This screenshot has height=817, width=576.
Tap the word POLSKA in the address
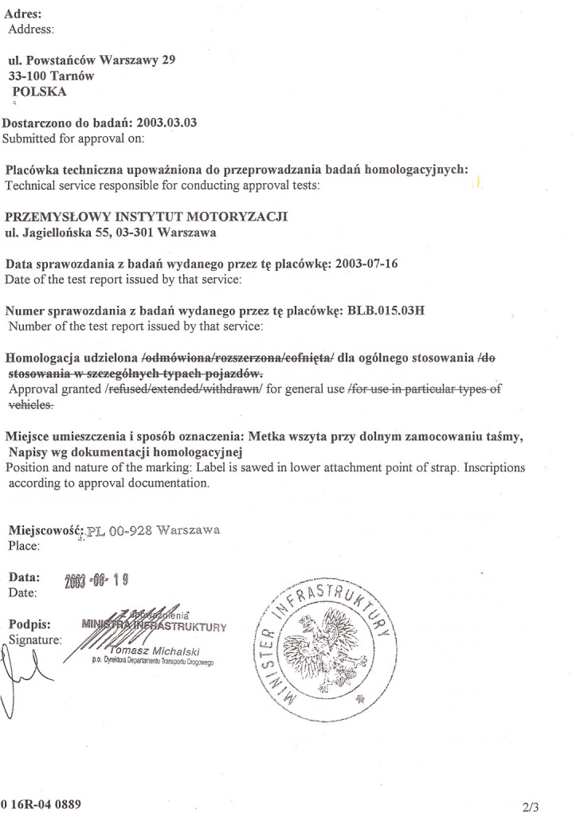tap(40, 92)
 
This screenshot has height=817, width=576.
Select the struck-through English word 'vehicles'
tap(31, 405)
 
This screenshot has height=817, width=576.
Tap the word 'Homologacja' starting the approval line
tap(50, 358)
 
